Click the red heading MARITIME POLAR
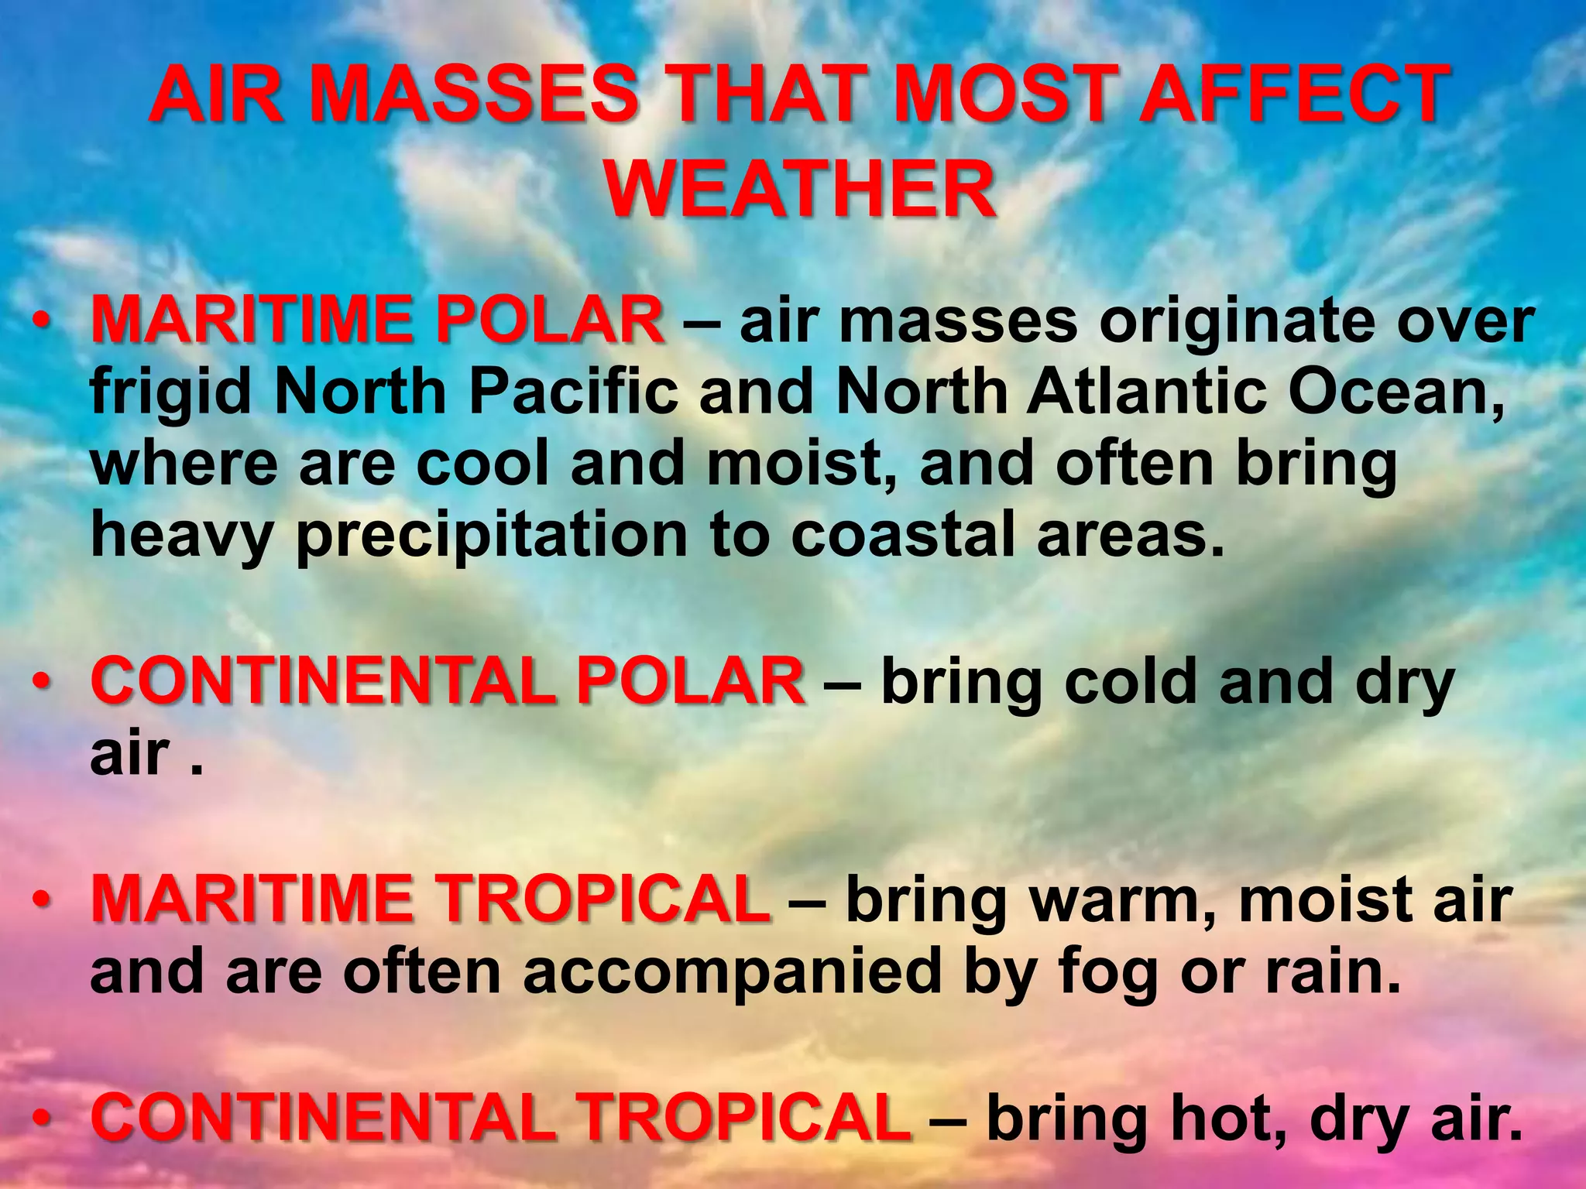(377, 320)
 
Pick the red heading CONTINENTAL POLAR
(448, 680)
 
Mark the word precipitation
(492, 538)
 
